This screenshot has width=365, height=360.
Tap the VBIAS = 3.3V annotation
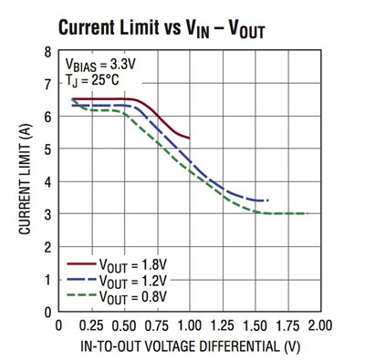click(101, 66)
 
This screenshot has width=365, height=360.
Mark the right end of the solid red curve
click(190, 138)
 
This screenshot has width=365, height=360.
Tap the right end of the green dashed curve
click(308, 213)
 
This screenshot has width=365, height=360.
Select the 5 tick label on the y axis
click(47, 149)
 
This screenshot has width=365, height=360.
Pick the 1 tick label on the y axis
click(47, 279)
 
